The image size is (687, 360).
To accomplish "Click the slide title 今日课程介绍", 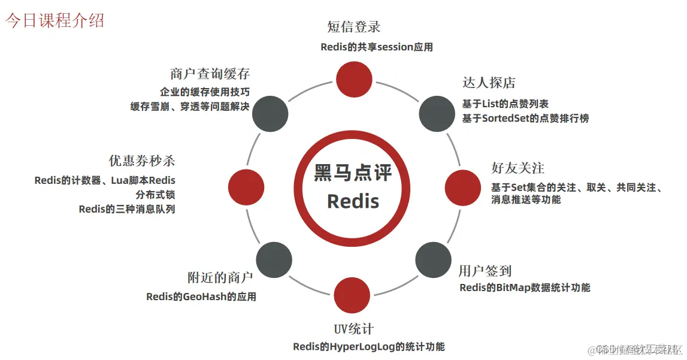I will coord(55,20).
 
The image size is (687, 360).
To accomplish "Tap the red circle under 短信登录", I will coord(353,78).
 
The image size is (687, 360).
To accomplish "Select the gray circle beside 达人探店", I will coord(437,112).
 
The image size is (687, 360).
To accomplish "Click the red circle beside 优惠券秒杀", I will coord(247,186).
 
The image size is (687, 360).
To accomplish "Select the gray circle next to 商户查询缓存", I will coord(270,114).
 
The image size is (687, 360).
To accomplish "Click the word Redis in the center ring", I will coord(353,201).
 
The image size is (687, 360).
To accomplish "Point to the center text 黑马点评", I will coord(353,173).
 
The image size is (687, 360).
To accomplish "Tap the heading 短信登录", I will coord(353,27).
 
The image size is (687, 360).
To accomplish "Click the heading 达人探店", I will coord(489,83).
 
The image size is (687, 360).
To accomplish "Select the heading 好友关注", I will coord(517,168).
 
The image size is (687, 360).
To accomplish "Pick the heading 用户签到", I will coord(485,271).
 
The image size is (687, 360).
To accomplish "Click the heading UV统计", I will coord(353,329).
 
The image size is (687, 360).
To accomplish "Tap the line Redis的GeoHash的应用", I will coord(201,297).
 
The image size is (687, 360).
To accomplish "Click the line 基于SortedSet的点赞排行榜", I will coord(525,119).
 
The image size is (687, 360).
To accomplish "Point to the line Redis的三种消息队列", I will coord(127,209).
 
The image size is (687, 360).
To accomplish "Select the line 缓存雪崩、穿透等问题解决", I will coord(190,107).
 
